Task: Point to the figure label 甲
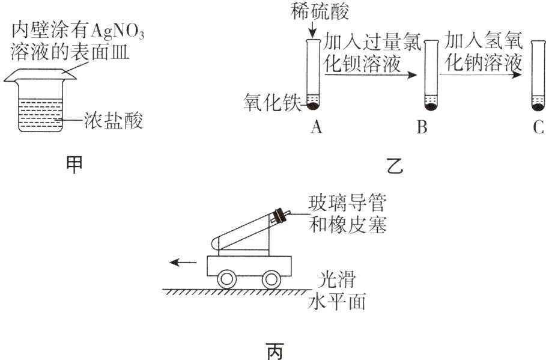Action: [74, 165]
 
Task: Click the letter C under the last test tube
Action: [538, 127]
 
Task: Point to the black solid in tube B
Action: [430, 108]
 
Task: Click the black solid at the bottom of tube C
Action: [538, 108]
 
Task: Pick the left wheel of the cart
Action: [227, 279]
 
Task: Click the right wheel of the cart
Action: [271, 279]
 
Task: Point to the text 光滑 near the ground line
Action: [336, 279]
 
